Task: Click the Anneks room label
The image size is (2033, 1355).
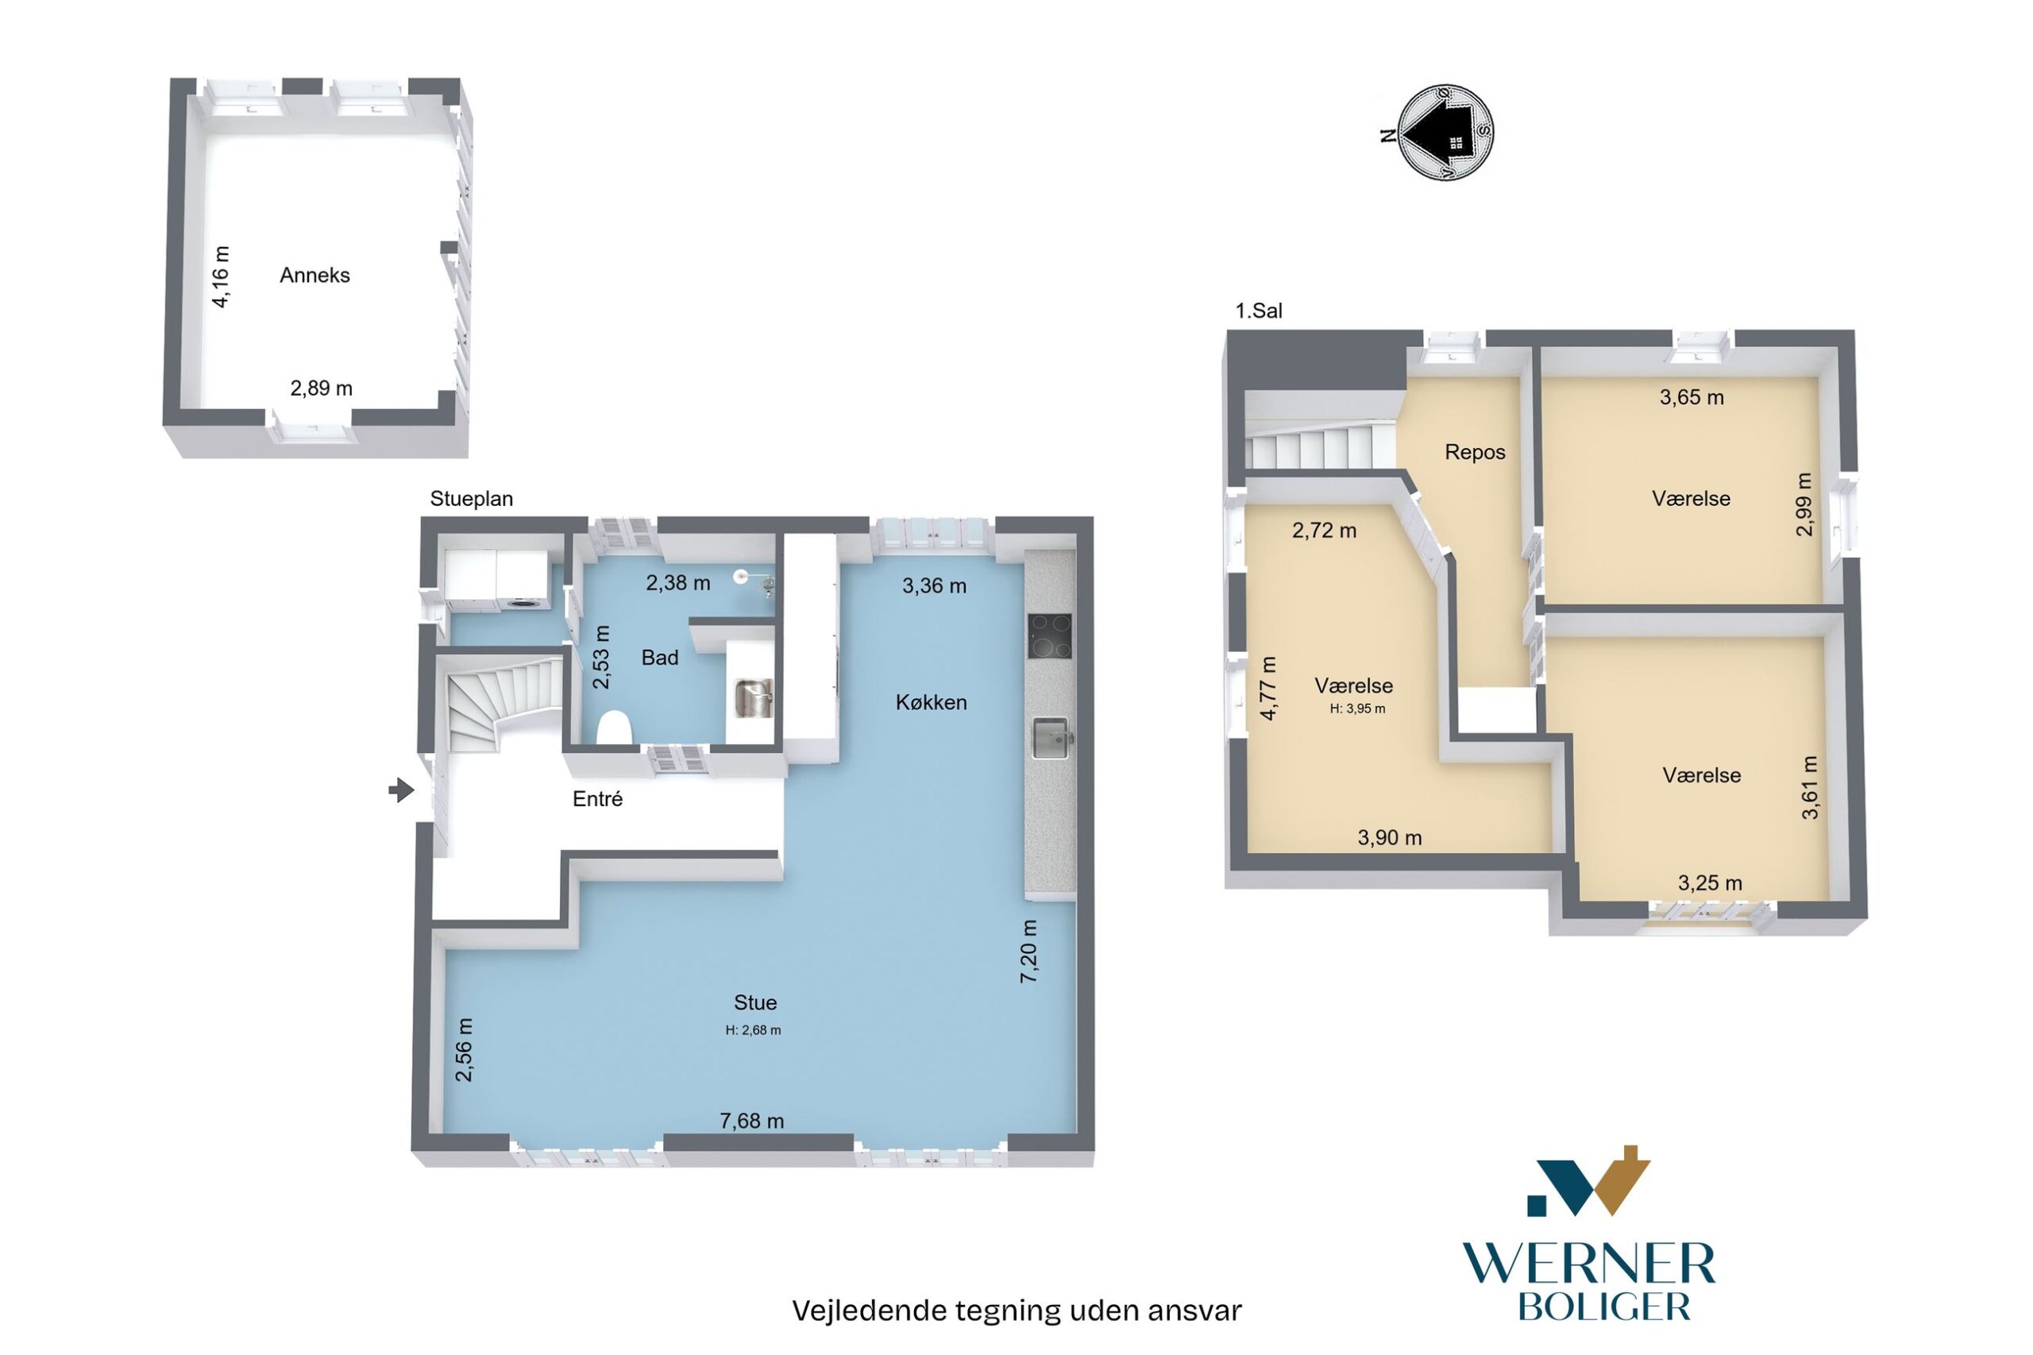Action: (314, 275)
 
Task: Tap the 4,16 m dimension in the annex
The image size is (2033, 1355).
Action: (222, 276)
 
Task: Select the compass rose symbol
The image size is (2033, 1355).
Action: (1445, 132)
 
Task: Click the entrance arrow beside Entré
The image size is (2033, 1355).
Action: (401, 789)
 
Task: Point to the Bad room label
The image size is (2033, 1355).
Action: (659, 658)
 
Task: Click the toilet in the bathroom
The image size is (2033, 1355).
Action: (613, 727)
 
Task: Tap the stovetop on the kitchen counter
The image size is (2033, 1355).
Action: (1050, 636)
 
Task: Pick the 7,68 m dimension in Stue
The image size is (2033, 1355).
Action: (752, 1121)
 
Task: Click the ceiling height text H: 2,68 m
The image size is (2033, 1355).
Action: (753, 1030)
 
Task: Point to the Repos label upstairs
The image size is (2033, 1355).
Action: (1475, 452)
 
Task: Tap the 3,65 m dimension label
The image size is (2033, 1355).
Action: (1692, 397)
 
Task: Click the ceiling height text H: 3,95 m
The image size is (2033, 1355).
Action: (1357, 708)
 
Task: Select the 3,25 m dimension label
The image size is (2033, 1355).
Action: (1710, 883)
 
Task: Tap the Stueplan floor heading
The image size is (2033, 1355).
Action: (472, 500)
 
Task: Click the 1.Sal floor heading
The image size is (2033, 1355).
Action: (1259, 311)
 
